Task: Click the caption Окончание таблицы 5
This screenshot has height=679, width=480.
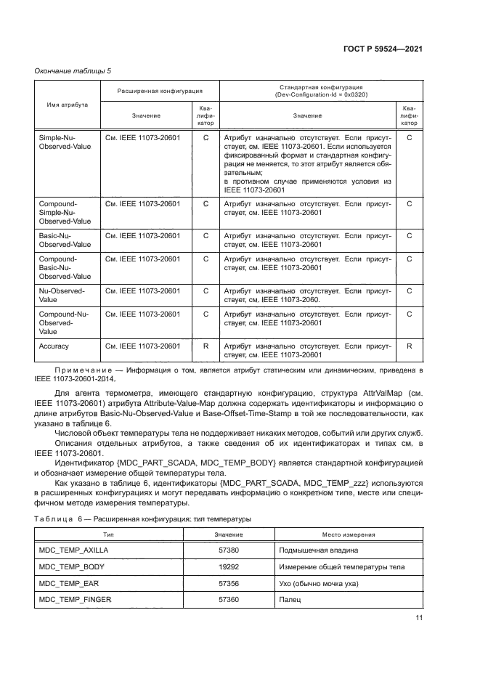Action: [x=73, y=70]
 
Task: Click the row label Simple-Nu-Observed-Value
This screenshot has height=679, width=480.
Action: [x=57, y=142]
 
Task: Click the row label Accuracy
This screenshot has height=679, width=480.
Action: [x=52, y=346]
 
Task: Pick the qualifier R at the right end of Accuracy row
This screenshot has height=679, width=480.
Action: [x=410, y=346]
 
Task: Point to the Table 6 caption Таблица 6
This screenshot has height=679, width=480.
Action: [x=60, y=519]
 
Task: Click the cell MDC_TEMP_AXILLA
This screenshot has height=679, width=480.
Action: [x=73, y=551]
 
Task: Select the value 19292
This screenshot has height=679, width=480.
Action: [x=229, y=567]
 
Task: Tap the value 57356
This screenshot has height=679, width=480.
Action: [x=229, y=583]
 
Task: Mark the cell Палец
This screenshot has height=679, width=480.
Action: [x=290, y=599]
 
